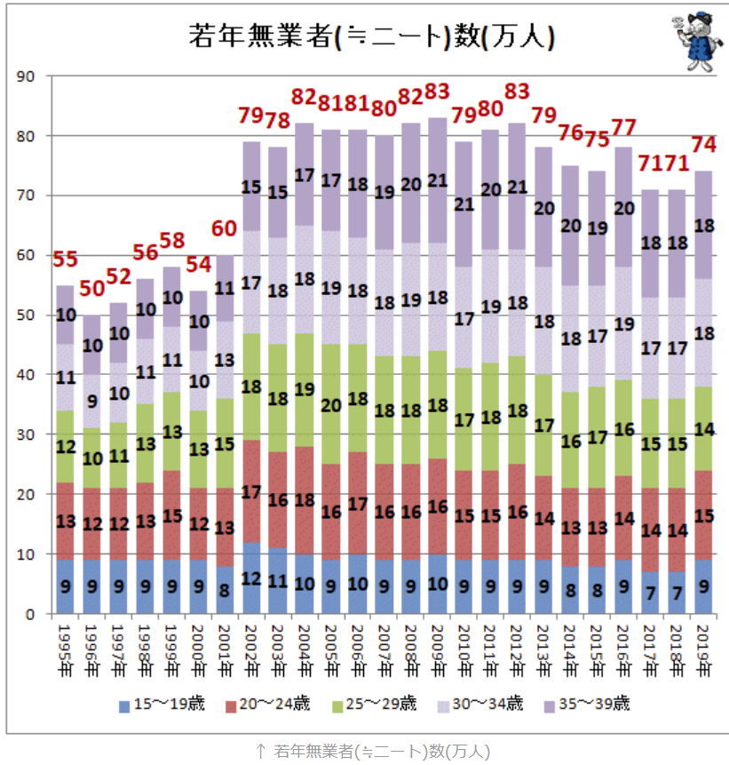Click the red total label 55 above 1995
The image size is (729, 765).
point(65,260)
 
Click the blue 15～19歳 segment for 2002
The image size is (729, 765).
point(252,578)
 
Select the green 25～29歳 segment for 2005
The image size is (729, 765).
point(330,404)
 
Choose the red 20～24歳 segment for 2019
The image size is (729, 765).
point(703,515)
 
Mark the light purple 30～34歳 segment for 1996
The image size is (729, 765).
point(91,400)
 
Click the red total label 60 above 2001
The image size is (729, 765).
point(226,230)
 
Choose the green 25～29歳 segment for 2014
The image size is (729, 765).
point(572,441)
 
